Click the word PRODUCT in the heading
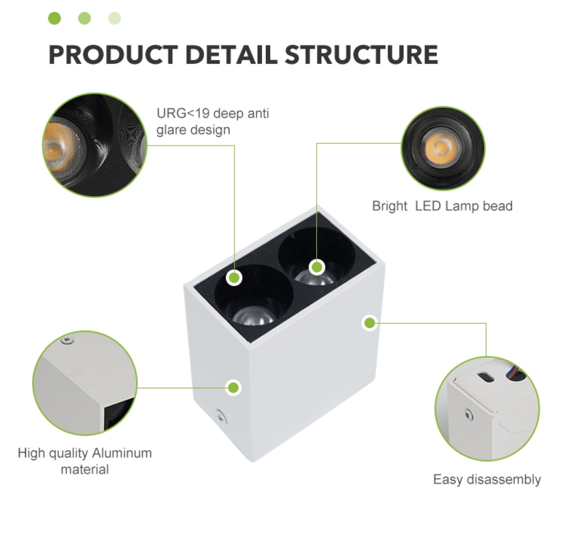[x=113, y=54]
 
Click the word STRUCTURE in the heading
[x=362, y=54]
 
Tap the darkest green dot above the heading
[x=54, y=18]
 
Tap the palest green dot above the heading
[x=115, y=18]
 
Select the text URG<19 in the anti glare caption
[x=183, y=114]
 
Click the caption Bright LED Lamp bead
[x=442, y=206]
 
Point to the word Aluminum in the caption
[x=122, y=453]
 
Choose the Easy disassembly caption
[x=487, y=480]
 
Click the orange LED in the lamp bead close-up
[x=440, y=147]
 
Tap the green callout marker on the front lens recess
[x=234, y=278]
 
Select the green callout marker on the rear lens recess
[x=317, y=267]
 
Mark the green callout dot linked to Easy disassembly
[x=369, y=323]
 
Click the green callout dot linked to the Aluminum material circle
[x=234, y=387]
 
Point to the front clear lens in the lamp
[x=254, y=315]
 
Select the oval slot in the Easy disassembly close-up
[x=485, y=377]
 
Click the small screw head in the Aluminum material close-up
[x=67, y=340]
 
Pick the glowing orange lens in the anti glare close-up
[x=57, y=149]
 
